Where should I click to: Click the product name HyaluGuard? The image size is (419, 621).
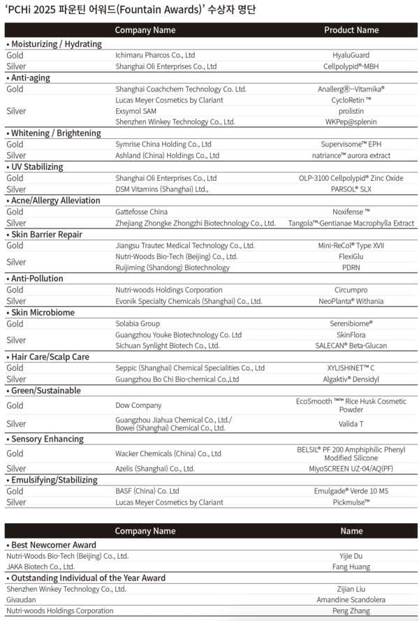pyautogui.click(x=351, y=55)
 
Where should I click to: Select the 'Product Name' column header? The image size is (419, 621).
pyautogui.click(x=351, y=30)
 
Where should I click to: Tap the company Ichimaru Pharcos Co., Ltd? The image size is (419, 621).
pyautogui.click(x=155, y=55)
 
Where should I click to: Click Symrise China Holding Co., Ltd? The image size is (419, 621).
pyautogui.click(x=163, y=145)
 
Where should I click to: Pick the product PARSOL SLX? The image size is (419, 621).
pyautogui.click(x=351, y=189)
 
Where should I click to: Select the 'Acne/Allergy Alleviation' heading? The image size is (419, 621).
pyautogui.click(x=55, y=200)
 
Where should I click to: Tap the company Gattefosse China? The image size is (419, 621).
pyautogui.click(x=142, y=212)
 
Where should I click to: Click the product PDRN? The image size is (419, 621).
pyautogui.click(x=351, y=268)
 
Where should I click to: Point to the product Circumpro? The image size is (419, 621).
pyautogui.click(x=351, y=290)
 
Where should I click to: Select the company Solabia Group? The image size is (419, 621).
pyautogui.click(x=138, y=323)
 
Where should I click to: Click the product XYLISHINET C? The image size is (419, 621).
pyautogui.click(x=351, y=368)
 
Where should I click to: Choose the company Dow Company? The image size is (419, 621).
pyautogui.click(x=138, y=405)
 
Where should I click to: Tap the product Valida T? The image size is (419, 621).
pyautogui.click(x=351, y=424)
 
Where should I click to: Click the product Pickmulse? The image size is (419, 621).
pyautogui.click(x=351, y=502)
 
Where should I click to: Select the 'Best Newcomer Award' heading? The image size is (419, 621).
pyautogui.click(x=53, y=545)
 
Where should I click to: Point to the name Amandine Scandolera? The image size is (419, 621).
pyautogui.click(x=351, y=600)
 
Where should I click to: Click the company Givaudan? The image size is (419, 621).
pyautogui.click(x=21, y=600)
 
